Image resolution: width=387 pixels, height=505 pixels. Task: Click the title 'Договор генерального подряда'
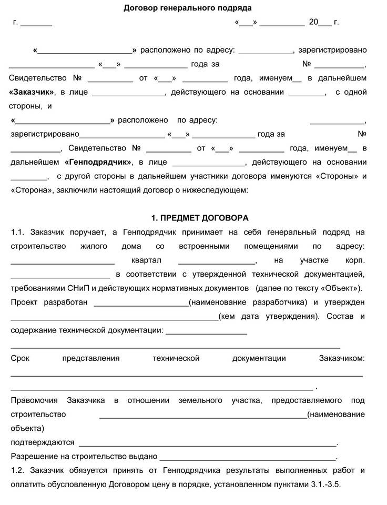(x=188, y=8)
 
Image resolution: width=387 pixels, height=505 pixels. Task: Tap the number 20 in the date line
(x=313, y=22)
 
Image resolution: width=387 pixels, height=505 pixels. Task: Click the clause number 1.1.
(x=18, y=232)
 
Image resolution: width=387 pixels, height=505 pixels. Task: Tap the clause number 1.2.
(x=18, y=470)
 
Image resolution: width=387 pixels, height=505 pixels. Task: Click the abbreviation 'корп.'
(x=355, y=260)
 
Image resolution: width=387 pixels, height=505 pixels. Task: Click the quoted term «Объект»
(x=340, y=288)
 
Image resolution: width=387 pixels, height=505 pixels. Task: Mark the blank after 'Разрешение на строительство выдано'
(x=247, y=457)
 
